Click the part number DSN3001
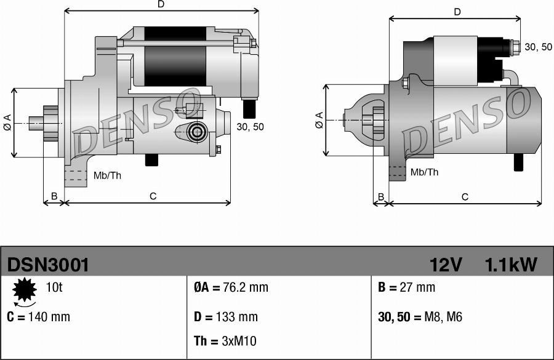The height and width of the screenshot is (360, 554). coord(49,265)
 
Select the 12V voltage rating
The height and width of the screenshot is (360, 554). coord(446,265)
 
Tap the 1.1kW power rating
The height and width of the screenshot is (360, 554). coord(510,265)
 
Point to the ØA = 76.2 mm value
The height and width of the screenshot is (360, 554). coord(231,287)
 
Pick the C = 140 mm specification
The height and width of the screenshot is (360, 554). coord(39,317)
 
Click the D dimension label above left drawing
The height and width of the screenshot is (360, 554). coord(161,4)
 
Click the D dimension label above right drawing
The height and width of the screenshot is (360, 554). coord(457,12)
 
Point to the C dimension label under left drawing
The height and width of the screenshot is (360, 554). coord(153,196)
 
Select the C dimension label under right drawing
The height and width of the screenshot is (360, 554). coord(465,197)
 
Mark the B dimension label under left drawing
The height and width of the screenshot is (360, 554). coord(54,196)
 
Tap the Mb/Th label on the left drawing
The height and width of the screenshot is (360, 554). coord(107,175)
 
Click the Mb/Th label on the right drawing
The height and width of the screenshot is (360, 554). coord(424,172)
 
